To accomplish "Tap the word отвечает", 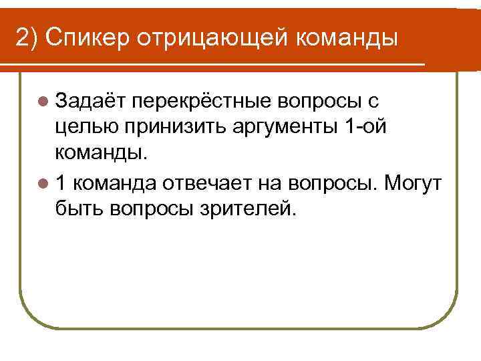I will [x=200, y=183].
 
